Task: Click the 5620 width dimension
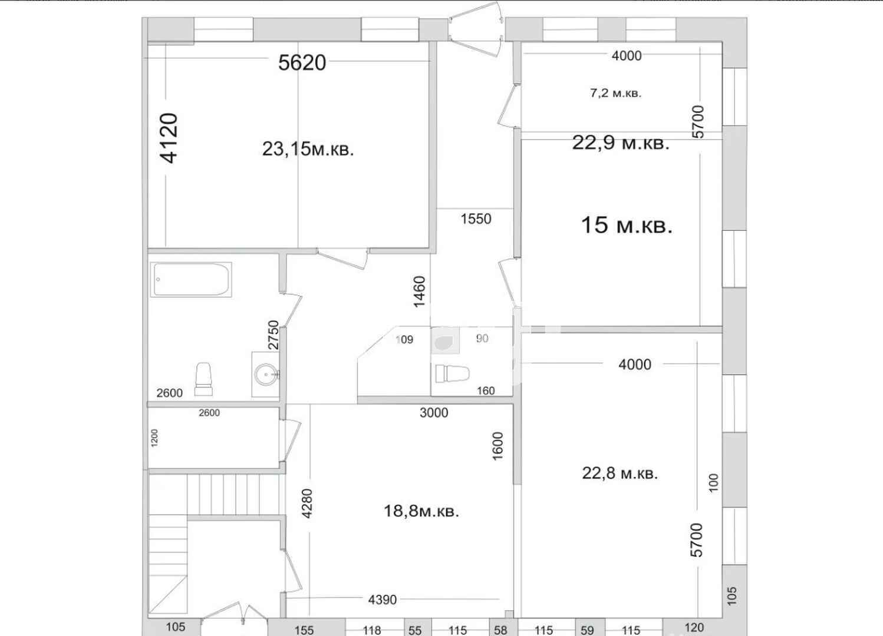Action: (302, 62)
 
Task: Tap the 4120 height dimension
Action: (169, 138)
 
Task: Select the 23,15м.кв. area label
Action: (308, 149)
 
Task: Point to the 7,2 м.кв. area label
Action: (616, 93)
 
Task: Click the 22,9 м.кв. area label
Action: (621, 143)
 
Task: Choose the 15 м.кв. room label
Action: (627, 226)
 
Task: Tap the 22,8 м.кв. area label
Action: (620, 473)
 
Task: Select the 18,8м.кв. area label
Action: (421, 511)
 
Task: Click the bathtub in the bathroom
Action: (191, 280)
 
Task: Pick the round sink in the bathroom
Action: (265, 375)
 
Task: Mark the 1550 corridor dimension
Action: (476, 218)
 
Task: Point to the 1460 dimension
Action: (420, 292)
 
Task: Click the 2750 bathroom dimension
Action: (273, 335)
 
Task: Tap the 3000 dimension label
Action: (434, 413)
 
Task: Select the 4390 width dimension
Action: (383, 599)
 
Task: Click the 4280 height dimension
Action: (307, 503)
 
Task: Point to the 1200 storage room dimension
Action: (154, 438)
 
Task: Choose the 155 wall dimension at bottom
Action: (304, 630)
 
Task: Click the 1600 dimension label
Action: (498, 446)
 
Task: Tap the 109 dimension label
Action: (404, 339)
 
